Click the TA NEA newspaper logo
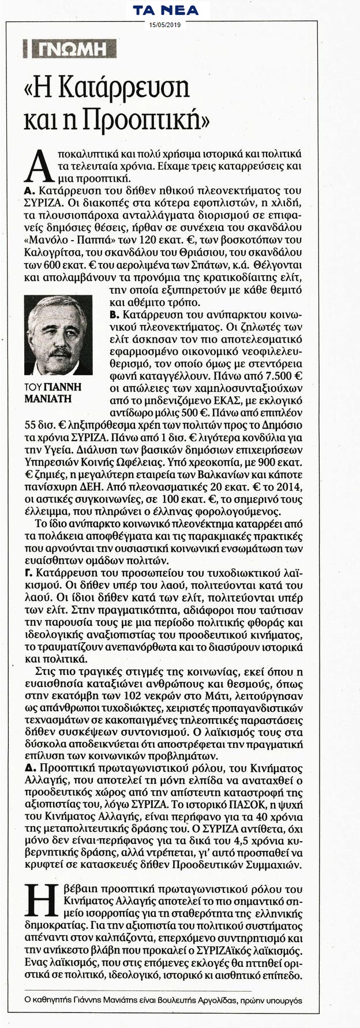165,10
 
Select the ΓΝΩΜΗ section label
67,50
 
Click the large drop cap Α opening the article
36,165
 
